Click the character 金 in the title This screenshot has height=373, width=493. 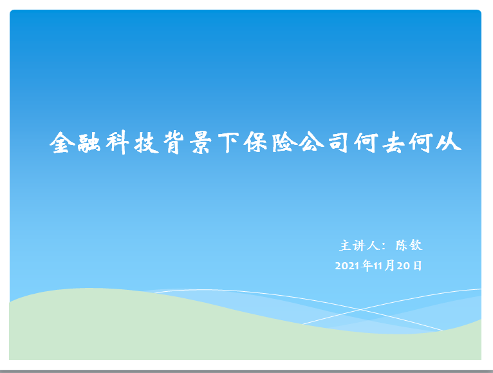(62, 142)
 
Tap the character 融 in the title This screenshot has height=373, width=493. (89, 143)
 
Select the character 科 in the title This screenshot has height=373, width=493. (118, 142)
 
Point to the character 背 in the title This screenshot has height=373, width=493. (174, 142)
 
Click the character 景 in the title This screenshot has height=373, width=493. (201, 142)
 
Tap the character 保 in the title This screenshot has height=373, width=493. (256, 142)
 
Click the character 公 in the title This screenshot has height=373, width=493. (312, 142)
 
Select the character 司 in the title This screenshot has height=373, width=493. (339, 142)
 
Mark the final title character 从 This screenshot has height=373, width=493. (449, 142)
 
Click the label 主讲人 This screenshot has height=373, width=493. (359, 245)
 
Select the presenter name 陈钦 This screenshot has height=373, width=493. (409, 245)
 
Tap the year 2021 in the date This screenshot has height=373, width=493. (347, 266)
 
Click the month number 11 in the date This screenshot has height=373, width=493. (378, 266)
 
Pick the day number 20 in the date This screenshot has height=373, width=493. (403, 266)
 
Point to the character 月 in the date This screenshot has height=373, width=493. (389, 265)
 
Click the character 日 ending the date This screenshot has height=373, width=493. (417, 265)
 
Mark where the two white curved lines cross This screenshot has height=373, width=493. (360, 309)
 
